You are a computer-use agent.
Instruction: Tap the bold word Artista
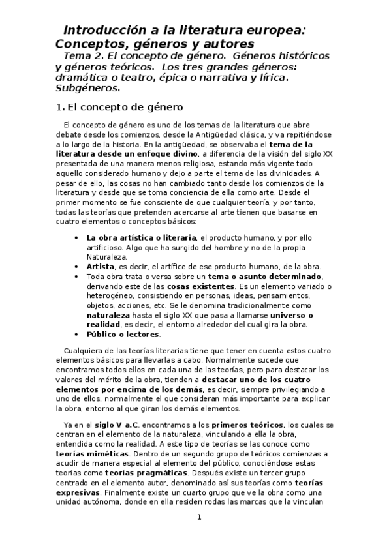pos(101,267)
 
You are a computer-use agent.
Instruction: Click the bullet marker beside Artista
pos(78,267)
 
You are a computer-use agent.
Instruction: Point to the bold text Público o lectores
pos(123,335)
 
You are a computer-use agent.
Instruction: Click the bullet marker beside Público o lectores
pos(78,335)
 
